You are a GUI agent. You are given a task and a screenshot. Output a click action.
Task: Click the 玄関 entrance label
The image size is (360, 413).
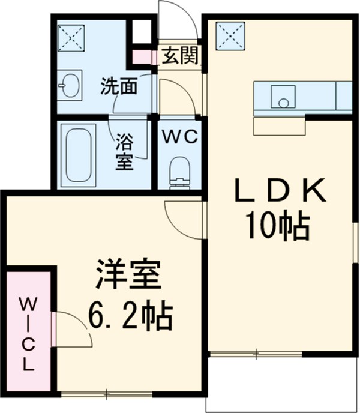[180, 56]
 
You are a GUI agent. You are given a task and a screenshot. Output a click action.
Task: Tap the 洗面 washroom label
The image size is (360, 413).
[119, 87]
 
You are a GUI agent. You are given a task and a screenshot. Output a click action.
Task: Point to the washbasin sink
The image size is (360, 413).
[71, 85]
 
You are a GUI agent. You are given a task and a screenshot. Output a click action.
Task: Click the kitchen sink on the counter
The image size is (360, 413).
[282, 97]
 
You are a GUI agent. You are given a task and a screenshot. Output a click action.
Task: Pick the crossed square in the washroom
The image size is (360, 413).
[71, 35]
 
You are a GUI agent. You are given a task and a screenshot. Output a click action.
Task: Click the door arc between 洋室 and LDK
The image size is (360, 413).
[183, 219]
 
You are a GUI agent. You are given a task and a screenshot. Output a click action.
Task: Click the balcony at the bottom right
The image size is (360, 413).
[282, 384]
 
